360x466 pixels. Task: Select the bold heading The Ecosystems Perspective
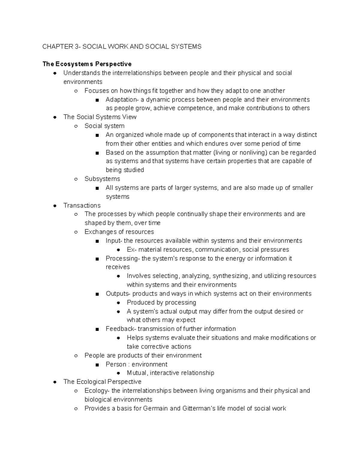[x=87, y=64]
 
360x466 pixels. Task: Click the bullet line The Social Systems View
[x=100, y=117]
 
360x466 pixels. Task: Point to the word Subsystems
[x=102, y=179]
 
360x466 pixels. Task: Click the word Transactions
[x=82, y=206]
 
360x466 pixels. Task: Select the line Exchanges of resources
[x=119, y=232]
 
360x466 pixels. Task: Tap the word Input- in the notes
[x=114, y=241]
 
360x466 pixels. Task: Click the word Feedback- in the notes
[x=121, y=329]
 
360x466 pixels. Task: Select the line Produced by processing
[x=161, y=302]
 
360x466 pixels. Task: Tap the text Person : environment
[x=136, y=364]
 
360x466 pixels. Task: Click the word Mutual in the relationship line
[x=137, y=373]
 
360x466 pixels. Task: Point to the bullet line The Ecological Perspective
[x=102, y=382]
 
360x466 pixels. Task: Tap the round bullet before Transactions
[x=55, y=206]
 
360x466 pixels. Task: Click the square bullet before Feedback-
[x=97, y=329]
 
